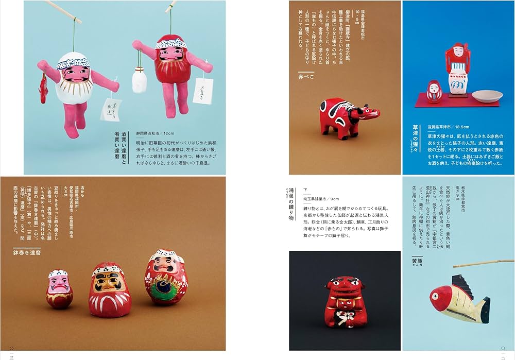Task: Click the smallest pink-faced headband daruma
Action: tap(60, 288)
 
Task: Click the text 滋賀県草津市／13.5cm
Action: tap(448, 127)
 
